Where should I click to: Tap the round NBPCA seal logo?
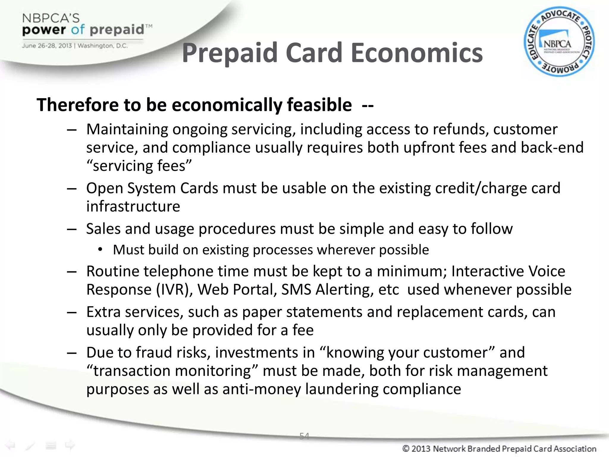559,42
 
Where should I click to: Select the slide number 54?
304,436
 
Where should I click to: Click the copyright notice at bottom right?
499,449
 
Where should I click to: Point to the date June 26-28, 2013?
47,46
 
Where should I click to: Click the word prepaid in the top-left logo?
117,29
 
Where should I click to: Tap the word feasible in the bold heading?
319,105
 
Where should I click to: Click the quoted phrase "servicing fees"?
139,166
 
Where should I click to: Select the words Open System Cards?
152,188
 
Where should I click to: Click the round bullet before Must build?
100,250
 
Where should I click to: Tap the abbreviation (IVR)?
175,289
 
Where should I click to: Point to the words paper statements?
302,312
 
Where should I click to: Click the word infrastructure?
133,206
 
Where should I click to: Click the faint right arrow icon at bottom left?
70,445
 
